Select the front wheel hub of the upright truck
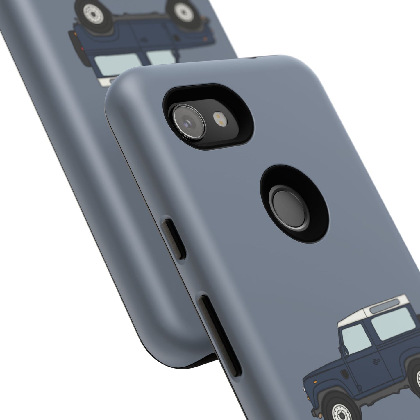pos(342,414)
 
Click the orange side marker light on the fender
pos(315,382)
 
